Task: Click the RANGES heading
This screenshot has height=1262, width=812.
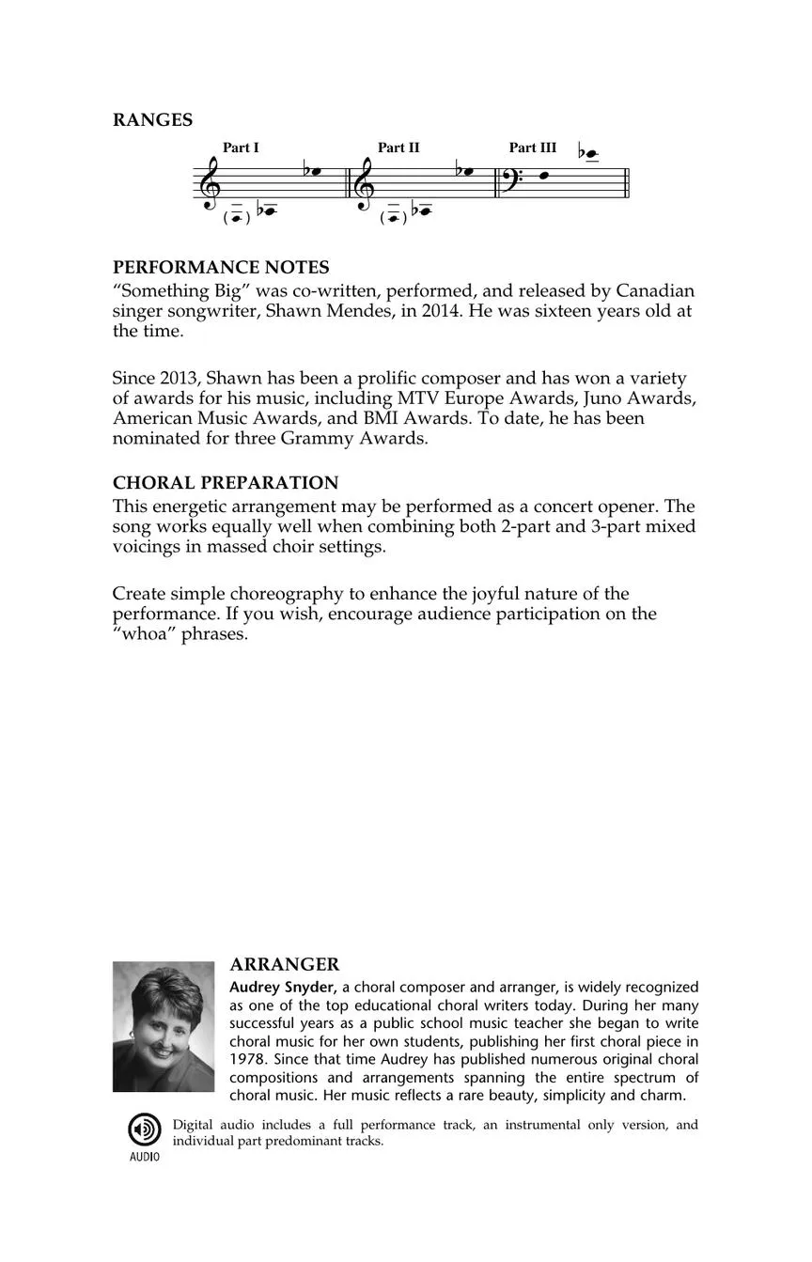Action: (x=152, y=120)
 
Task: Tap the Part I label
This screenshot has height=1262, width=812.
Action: (x=241, y=148)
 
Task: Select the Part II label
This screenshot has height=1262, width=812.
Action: (x=398, y=148)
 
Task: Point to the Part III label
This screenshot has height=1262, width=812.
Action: (x=533, y=148)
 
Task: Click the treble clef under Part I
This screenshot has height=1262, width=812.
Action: (x=210, y=182)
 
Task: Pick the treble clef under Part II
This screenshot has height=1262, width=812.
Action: (x=366, y=182)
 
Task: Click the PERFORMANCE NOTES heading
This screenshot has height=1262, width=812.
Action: (x=221, y=268)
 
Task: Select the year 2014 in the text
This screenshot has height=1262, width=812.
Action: (x=440, y=311)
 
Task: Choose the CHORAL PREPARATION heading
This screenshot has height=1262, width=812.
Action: (x=226, y=483)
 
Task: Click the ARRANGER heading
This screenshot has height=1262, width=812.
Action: (x=285, y=965)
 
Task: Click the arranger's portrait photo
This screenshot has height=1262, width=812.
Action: (x=164, y=1026)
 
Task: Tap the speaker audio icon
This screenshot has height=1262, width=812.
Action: (x=144, y=1130)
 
